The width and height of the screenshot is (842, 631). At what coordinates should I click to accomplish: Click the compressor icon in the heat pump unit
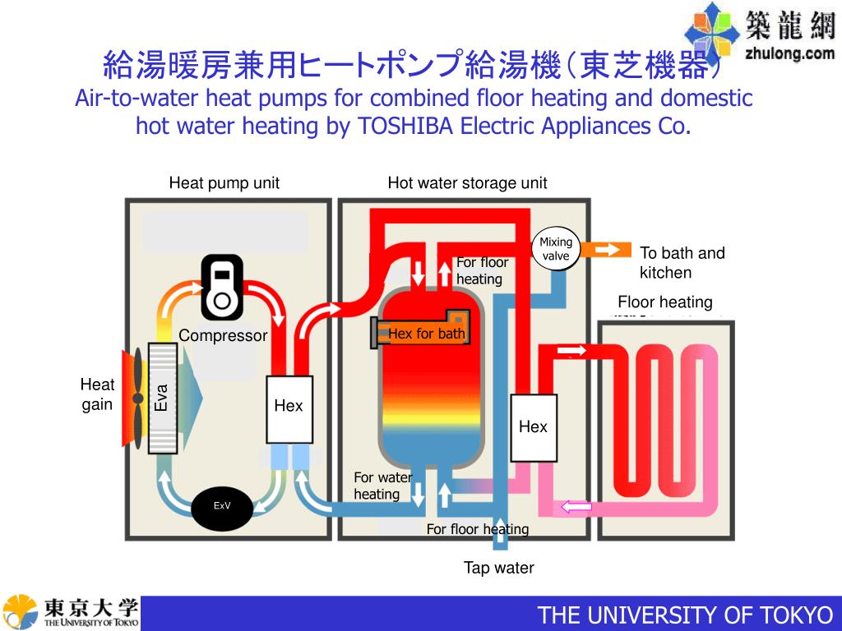click(x=222, y=287)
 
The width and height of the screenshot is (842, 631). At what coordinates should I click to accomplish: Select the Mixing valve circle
click(x=556, y=249)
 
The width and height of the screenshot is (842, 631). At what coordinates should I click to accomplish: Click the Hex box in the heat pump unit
click(x=289, y=406)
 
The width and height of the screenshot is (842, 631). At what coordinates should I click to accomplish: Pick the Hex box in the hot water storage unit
click(x=533, y=427)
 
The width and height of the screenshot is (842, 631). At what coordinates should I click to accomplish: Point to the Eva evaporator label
click(x=162, y=397)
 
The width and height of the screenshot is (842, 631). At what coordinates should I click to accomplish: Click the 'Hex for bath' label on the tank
click(x=426, y=334)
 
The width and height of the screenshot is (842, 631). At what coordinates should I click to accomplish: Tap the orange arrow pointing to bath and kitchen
click(x=609, y=249)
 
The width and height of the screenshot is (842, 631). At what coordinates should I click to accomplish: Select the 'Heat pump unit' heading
click(x=224, y=183)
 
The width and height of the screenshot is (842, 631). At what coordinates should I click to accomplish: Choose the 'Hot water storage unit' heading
click(x=467, y=183)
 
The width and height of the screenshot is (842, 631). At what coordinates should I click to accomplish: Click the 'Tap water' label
click(x=498, y=568)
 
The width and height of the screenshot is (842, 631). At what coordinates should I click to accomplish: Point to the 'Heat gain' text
click(x=97, y=394)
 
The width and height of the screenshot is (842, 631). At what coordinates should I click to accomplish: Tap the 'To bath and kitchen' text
click(x=682, y=263)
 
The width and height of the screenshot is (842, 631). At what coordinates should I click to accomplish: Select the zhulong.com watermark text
click(x=789, y=54)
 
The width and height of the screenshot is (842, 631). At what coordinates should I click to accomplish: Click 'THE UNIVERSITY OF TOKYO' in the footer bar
click(x=685, y=615)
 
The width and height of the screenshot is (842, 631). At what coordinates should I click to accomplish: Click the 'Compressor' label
click(x=223, y=335)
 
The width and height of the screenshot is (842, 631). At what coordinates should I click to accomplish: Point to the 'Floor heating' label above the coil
click(x=664, y=302)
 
